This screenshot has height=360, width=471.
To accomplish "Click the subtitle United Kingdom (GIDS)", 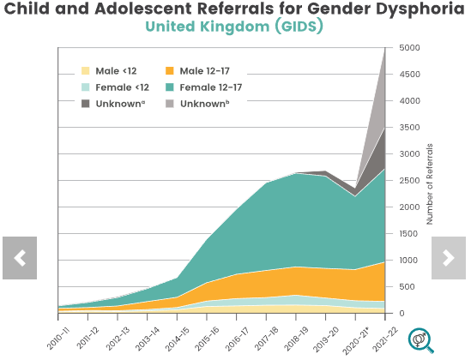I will point(234,27).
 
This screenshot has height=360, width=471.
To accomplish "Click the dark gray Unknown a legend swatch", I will point(87,103).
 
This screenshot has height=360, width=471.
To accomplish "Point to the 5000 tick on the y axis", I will point(409,48).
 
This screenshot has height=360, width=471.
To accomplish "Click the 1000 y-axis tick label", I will point(409,261).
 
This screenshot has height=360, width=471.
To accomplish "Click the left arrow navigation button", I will point(20,257).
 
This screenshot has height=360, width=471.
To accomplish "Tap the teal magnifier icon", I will point(420,340).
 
